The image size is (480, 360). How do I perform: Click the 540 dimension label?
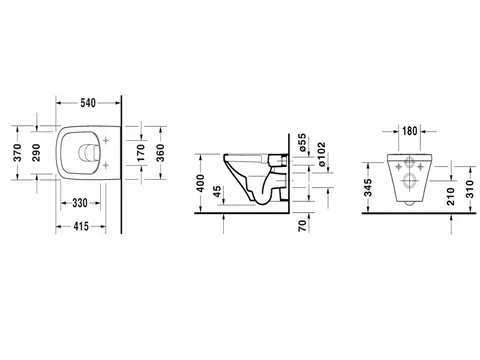coord(88,103)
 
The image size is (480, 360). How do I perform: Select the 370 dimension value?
coord(17,153)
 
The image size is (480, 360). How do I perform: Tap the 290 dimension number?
coord(36,153)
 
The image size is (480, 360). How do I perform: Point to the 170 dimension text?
coord(142,153)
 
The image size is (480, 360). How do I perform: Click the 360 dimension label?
coord(160,153)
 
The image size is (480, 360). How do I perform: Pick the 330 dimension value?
coord(80,203)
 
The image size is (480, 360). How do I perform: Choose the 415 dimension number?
coord(81,227)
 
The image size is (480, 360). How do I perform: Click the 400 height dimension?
coord(200,183)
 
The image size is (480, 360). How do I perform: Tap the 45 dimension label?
coord(217,192)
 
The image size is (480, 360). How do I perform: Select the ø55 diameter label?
coord(302,143)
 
